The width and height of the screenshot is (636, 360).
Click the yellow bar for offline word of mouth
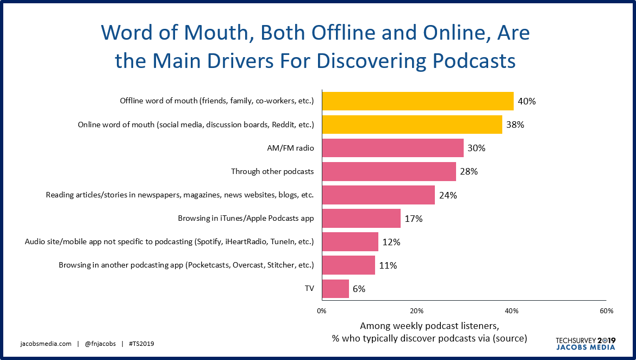tap(417, 101)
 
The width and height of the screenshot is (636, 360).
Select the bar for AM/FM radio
tap(392, 148)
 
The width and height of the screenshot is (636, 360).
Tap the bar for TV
tap(335, 289)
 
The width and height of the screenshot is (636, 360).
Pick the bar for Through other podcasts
tap(389, 171)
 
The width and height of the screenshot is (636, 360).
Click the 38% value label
tap(515, 125)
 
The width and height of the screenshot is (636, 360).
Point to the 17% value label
tap(414, 219)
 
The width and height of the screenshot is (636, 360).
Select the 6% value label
tap(359, 289)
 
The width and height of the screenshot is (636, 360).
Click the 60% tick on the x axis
tap(606, 311)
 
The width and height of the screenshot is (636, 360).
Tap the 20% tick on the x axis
tap(416, 311)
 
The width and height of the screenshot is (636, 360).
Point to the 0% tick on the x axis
tap(322, 311)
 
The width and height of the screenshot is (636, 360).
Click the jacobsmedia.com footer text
tap(46, 344)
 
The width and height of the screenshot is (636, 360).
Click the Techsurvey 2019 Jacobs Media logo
tap(585, 343)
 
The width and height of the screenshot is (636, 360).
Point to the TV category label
tap(309, 289)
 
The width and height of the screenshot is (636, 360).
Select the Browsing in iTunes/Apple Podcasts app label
tap(246, 219)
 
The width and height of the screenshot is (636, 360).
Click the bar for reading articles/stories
tap(378, 195)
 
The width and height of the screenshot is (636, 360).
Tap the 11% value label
tap(388, 265)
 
